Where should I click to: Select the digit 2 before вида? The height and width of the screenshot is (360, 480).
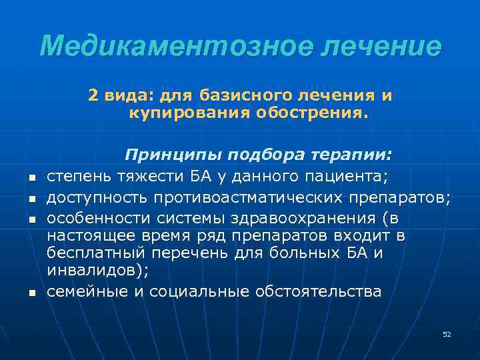pyautogui.click(x=93, y=96)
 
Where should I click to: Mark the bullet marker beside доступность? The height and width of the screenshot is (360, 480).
pyautogui.click(x=31, y=199)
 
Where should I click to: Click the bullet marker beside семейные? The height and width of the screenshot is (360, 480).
pyautogui.click(x=31, y=293)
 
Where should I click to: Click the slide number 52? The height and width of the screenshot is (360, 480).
pyautogui.click(x=447, y=334)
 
